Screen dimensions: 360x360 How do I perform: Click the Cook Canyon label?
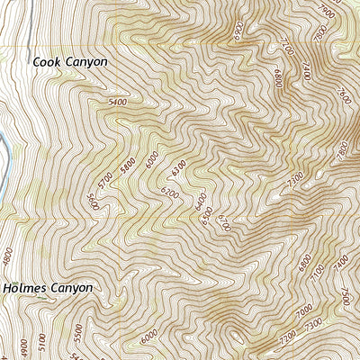(x=69, y=62)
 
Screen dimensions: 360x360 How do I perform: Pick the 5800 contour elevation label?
(x=127, y=167)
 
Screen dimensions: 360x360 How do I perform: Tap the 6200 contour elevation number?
(x=169, y=194)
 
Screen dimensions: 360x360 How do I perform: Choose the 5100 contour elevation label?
(x=41, y=342)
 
